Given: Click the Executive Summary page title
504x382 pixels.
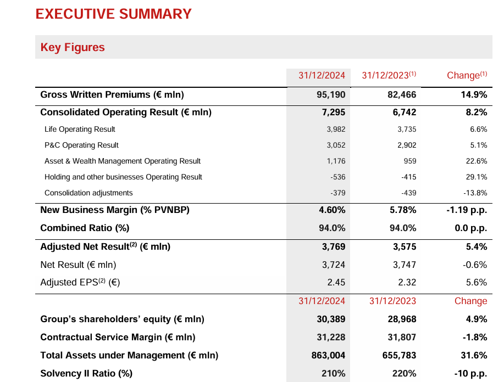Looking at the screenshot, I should [x=114, y=14].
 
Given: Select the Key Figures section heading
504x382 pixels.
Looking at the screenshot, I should [x=73, y=47].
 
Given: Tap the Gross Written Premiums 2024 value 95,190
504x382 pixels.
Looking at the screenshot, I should [x=331, y=95].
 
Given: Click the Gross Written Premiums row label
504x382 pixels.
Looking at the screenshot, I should [x=112, y=95].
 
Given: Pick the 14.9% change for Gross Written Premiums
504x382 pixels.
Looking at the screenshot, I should [x=474, y=95].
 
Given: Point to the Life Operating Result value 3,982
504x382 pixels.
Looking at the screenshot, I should [x=335, y=130].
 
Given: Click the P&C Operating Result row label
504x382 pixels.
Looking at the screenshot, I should [x=81, y=145].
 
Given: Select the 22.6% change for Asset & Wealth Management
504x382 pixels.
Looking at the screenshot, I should [x=476, y=161].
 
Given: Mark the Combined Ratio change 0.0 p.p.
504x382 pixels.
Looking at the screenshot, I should [x=471, y=228].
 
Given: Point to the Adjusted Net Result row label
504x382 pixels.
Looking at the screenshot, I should [x=106, y=247].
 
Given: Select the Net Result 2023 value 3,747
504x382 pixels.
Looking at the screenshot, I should [x=405, y=265].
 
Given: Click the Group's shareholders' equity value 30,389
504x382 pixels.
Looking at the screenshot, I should [x=331, y=319].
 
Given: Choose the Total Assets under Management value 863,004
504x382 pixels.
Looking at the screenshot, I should [x=329, y=355].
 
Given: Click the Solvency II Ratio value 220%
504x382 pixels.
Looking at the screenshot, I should [x=404, y=374].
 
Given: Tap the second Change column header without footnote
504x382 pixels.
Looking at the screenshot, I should [x=470, y=301].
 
